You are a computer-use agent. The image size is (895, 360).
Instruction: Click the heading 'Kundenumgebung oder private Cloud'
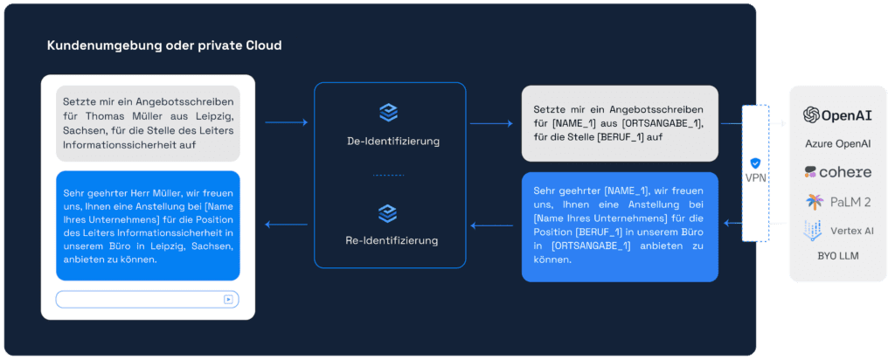tap(164, 45)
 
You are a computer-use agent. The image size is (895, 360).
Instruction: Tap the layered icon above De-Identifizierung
tap(389, 113)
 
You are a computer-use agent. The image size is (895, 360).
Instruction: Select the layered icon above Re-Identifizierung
tap(389, 213)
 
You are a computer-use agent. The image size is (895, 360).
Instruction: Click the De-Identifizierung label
tap(392, 142)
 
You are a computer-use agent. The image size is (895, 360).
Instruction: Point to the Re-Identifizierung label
tap(392, 240)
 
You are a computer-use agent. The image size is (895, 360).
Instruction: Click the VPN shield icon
tap(755, 163)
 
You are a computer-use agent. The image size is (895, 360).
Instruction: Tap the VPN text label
tap(755, 178)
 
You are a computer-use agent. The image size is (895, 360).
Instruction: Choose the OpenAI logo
tap(837, 115)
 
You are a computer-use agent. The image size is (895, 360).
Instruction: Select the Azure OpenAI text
tap(837, 143)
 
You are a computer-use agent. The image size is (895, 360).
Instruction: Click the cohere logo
tap(837, 172)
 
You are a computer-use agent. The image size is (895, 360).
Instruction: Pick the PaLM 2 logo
tap(837, 201)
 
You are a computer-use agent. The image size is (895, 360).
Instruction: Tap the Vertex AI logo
tap(837, 231)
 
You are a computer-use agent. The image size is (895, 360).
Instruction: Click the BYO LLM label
tap(837, 256)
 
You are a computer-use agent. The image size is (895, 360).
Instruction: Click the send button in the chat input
tap(228, 299)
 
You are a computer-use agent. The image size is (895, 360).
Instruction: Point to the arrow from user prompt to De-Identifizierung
tap(287, 122)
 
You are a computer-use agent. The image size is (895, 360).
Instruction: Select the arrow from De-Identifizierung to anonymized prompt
tap(491, 122)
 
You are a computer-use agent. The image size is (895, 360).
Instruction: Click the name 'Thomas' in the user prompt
tap(113, 116)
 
